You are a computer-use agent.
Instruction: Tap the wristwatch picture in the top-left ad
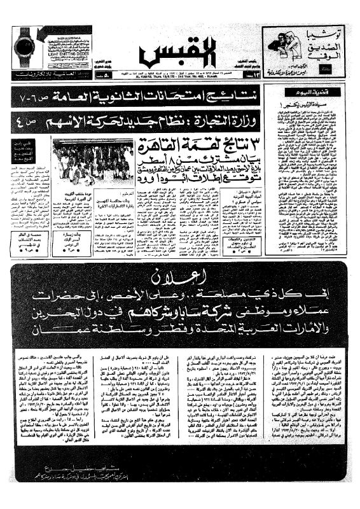(x=25, y=48)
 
